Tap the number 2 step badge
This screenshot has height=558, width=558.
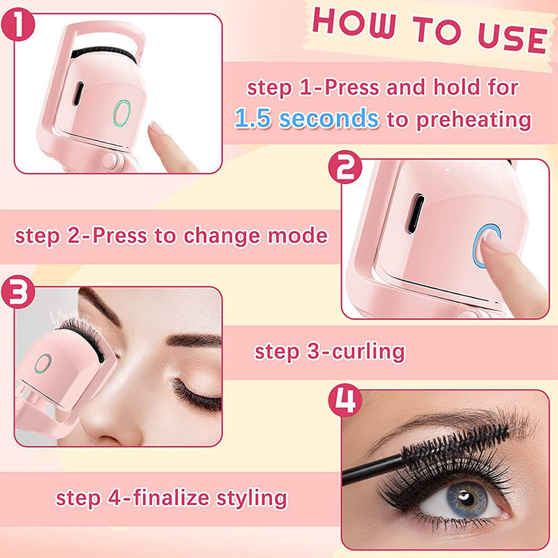[x=347, y=169]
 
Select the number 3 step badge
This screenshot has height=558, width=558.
[x=18, y=294]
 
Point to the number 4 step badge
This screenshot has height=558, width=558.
[x=347, y=400]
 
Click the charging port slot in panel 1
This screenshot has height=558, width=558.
[x=78, y=92]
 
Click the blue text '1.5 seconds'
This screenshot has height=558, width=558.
[x=307, y=119]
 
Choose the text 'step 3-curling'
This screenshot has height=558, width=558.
[x=329, y=351]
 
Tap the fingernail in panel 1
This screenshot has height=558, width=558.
[x=157, y=128]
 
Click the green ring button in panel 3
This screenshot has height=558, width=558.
[x=43, y=363]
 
